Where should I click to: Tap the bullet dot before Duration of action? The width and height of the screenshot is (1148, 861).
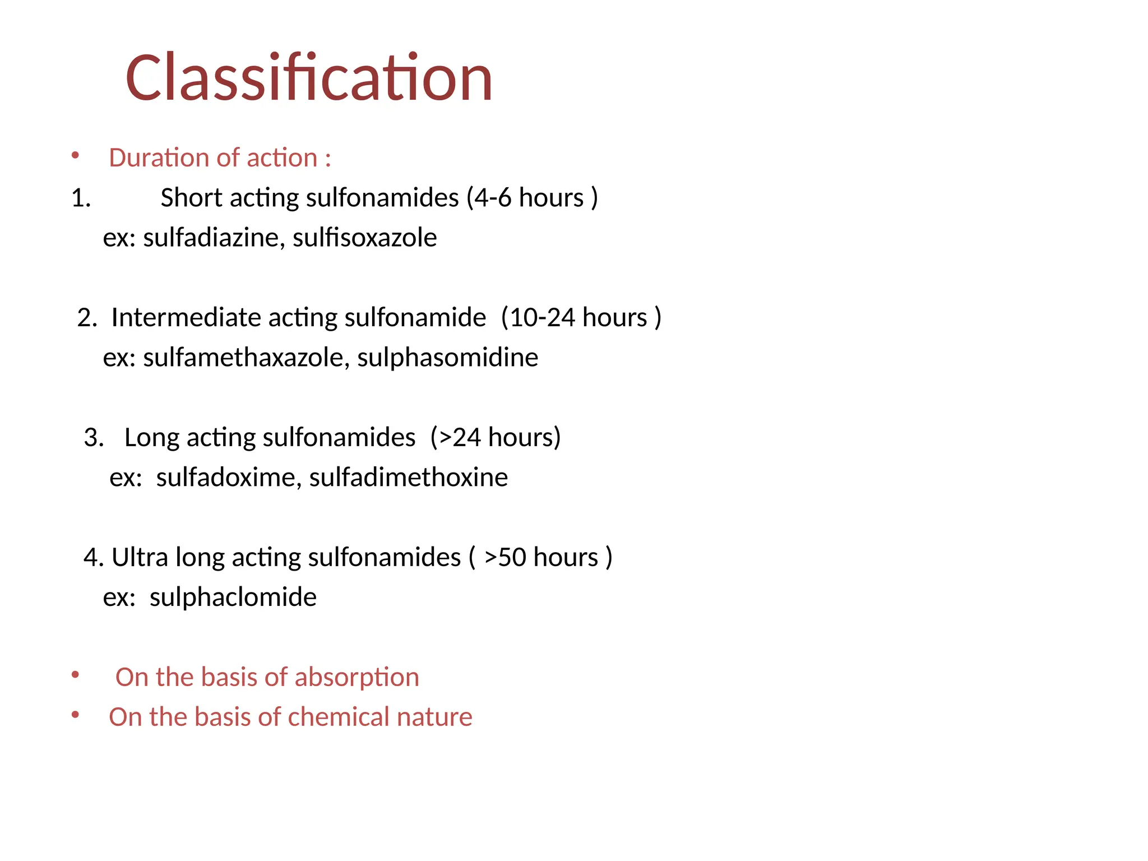pyautogui.click(x=75, y=155)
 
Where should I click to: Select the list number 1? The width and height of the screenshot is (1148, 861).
pyautogui.click(x=81, y=198)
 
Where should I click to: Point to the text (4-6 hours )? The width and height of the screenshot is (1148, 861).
pyautogui.click(x=532, y=198)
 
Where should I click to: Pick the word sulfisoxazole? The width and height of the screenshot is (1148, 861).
pyautogui.click(x=364, y=238)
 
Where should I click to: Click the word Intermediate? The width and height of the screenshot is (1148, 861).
pyautogui.click(x=186, y=318)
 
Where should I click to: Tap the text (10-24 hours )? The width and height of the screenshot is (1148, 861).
pyautogui.click(x=581, y=318)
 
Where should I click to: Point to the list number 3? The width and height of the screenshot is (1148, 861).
pyautogui.click(x=94, y=438)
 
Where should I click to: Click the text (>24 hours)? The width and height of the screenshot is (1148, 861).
pyautogui.click(x=496, y=438)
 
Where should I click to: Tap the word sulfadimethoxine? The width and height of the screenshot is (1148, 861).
pyautogui.click(x=408, y=478)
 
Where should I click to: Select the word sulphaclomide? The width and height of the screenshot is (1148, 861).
pyautogui.click(x=233, y=598)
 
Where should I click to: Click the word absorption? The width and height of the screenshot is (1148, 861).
pyautogui.click(x=357, y=678)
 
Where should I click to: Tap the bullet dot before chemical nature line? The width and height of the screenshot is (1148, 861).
pyautogui.click(x=75, y=715)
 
